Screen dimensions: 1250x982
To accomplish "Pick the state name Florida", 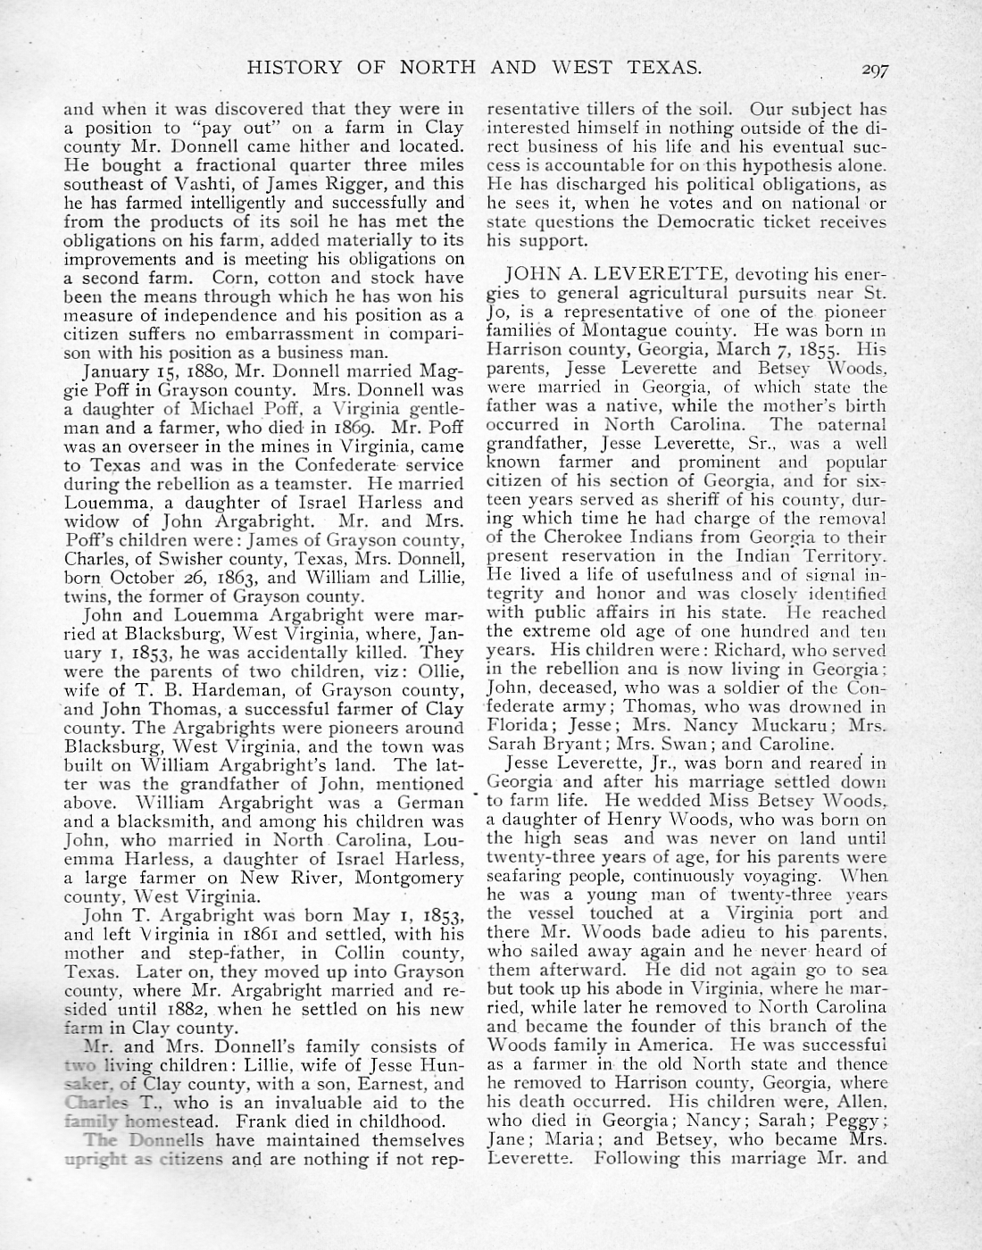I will point(520,725).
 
